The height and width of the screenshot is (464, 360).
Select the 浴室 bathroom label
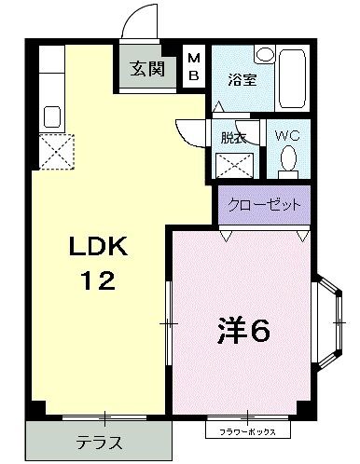click(x=239, y=81)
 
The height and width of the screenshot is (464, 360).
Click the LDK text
click(x=100, y=247)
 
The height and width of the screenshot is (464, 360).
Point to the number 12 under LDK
click(x=98, y=280)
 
